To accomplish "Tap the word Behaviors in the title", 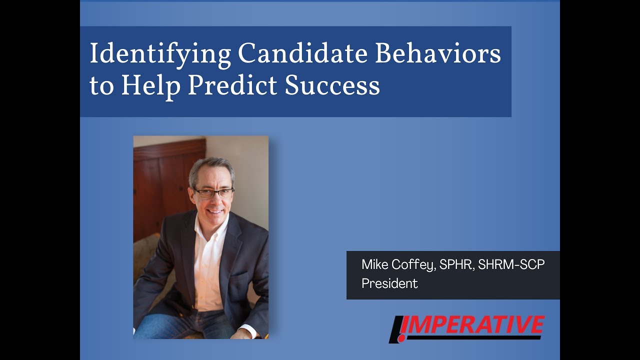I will pyautogui.click(x=438, y=54).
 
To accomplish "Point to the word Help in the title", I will pyautogui.click(x=150, y=86).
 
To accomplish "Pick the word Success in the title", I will pyautogui.click(x=332, y=86).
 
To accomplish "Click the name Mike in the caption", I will pyautogui.click(x=375, y=265).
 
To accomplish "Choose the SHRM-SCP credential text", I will pyautogui.click(x=511, y=265).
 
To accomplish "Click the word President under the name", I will pyautogui.click(x=389, y=283).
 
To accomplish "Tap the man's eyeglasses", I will pyautogui.click(x=213, y=192).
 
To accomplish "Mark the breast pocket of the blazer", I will pyautogui.click(x=238, y=274).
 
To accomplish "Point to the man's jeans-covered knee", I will pyautogui.click(x=155, y=325).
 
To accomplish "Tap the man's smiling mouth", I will pyautogui.click(x=215, y=211).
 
